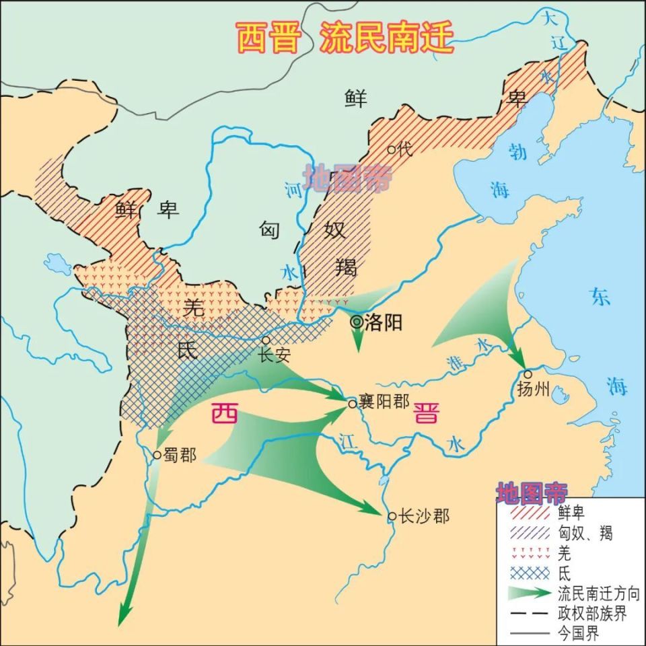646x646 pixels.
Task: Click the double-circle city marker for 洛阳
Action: pos(356,322)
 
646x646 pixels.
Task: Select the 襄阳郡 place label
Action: pos(384,402)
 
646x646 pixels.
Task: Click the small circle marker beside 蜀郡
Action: pos(157,455)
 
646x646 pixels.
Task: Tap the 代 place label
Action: pos(404,149)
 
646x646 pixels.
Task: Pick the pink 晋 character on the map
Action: pos(425,412)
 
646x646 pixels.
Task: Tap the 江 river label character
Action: pos(348,440)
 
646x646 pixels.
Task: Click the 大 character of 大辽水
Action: pos(550,18)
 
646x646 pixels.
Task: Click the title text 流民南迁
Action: pos(386,37)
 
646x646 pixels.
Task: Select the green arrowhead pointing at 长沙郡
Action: pos(377,511)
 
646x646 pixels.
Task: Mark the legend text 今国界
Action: pos(578,633)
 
